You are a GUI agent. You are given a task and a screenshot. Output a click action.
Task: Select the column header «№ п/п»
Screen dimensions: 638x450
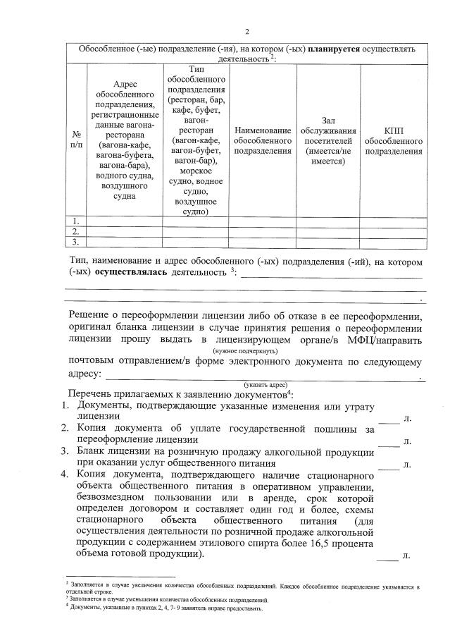pyautogui.click(x=75, y=139)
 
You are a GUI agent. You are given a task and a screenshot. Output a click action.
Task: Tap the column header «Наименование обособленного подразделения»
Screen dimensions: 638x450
pyautogui.click(x=263, y=140)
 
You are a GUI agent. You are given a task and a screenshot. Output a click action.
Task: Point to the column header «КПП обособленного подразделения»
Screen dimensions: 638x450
pyautogui.click(x=394, y=140)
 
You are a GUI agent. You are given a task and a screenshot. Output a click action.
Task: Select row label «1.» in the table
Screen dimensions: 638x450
pyautogui.click(x=75, y=221)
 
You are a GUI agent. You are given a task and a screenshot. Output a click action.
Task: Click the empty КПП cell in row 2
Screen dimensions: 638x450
pyautogui.click(x=394, y=231)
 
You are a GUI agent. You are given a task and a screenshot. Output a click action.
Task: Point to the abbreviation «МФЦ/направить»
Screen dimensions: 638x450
pyautogui.click(x=385, y=341)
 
